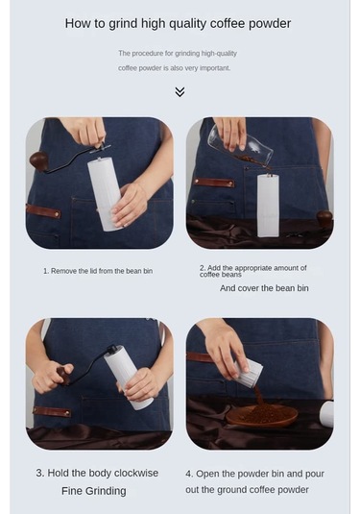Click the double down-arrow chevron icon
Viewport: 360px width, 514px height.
click(180, 92)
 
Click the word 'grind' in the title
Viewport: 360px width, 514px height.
click(123, 24)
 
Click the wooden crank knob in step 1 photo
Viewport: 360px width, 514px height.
click(38, 160)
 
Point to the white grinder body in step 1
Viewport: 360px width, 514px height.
click(104, 194)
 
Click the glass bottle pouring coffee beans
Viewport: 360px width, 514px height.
click(241, 146)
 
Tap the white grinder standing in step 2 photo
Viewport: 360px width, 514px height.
click(268, 206)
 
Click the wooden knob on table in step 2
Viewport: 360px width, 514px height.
click(324, 218)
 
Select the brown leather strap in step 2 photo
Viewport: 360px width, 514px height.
click(214, 183)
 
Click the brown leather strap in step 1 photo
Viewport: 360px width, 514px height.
click(43, 211)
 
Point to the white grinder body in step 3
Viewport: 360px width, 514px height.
click(128, 378)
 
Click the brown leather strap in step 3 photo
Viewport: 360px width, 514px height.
click(52, 412)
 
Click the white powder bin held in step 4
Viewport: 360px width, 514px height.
click(249, 372)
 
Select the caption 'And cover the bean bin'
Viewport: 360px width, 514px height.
click(264, 288)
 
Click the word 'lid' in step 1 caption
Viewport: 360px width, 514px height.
click(93, 271)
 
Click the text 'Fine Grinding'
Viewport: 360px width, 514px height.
click(94, 491)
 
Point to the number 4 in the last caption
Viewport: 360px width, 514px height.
click(188, 474)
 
